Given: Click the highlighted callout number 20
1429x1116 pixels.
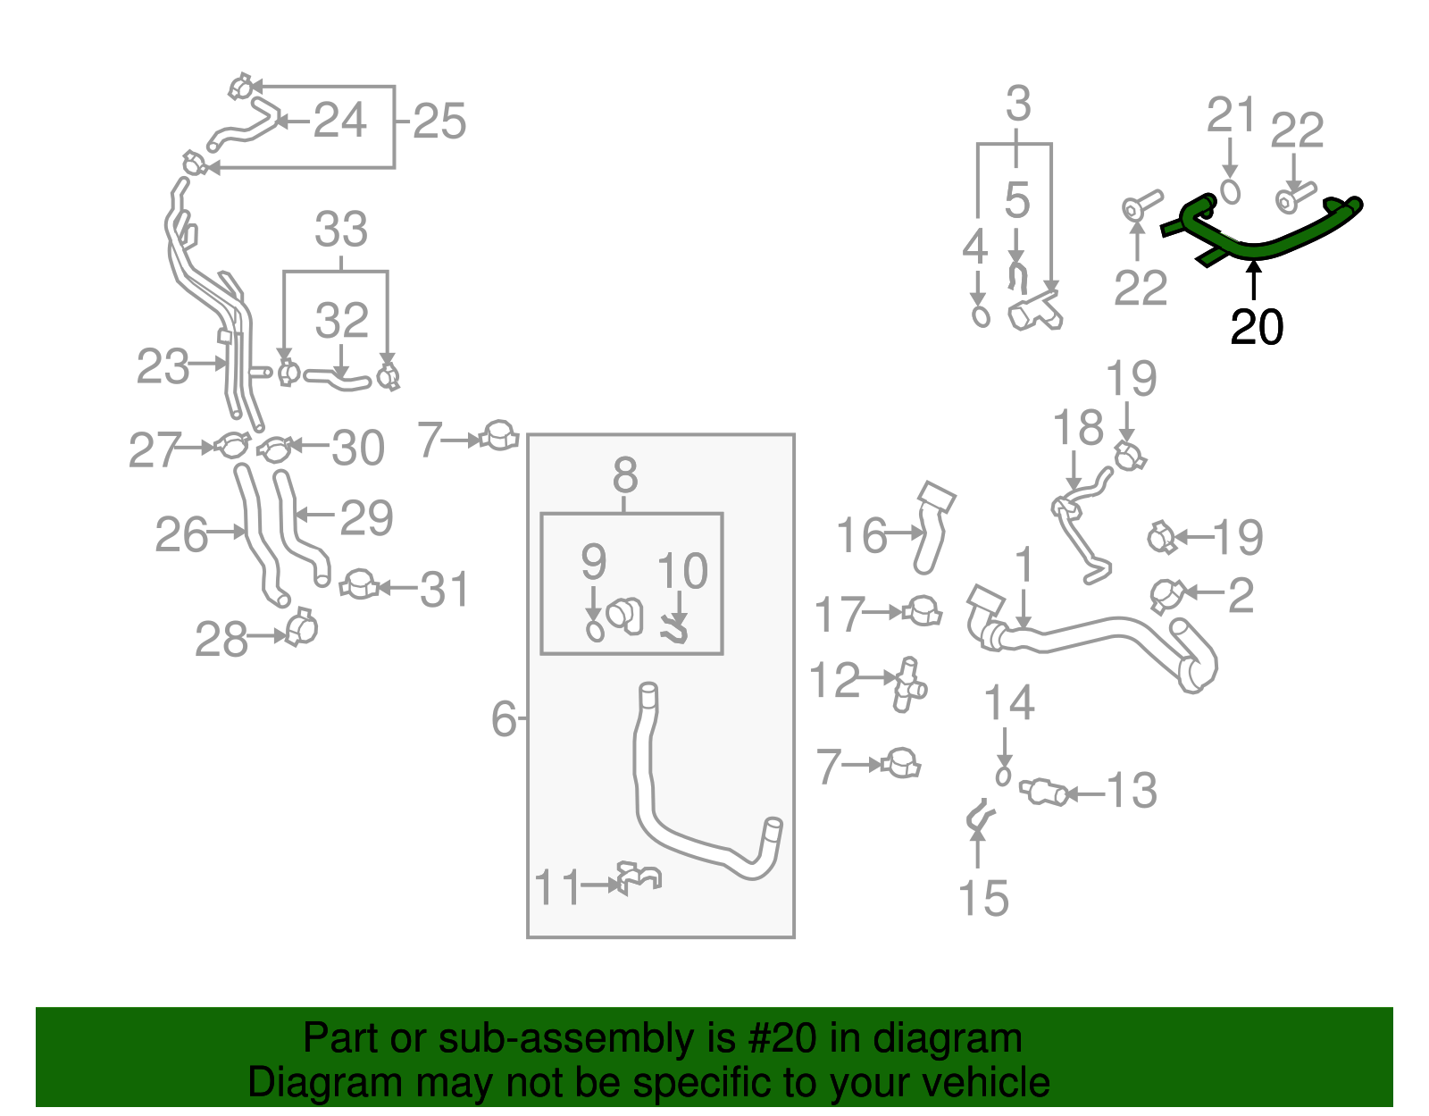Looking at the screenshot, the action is coord(1256,327).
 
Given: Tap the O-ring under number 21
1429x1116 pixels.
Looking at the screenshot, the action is coord(1229,192).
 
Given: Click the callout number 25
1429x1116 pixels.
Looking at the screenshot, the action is coord(439,121).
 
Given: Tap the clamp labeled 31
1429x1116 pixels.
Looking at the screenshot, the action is coord(359,584).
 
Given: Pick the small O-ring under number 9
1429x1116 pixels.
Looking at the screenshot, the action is coord(595,632).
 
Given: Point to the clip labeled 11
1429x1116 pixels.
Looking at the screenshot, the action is coord(639,877).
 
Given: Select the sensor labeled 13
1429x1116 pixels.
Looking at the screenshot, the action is coord(1043,791).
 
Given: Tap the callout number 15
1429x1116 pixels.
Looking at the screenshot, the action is coord(983,898).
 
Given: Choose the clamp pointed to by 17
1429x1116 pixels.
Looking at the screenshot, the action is coord(922,611).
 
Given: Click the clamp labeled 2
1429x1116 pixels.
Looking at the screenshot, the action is coord(1166,595).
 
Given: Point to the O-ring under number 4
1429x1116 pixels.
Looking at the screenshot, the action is coord(981,316).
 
